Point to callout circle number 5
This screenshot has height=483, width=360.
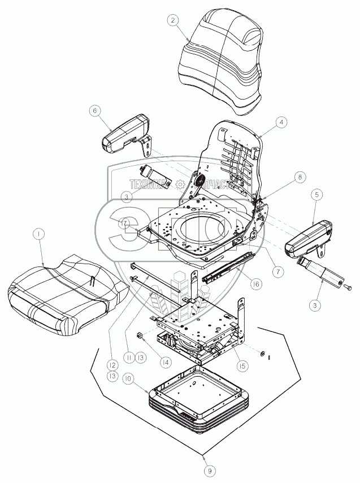coord(317,195)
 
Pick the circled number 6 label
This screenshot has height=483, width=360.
coord(95,111)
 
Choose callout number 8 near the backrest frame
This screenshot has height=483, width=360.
coord(300,176)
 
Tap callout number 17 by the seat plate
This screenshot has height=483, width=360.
coord(123,223)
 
